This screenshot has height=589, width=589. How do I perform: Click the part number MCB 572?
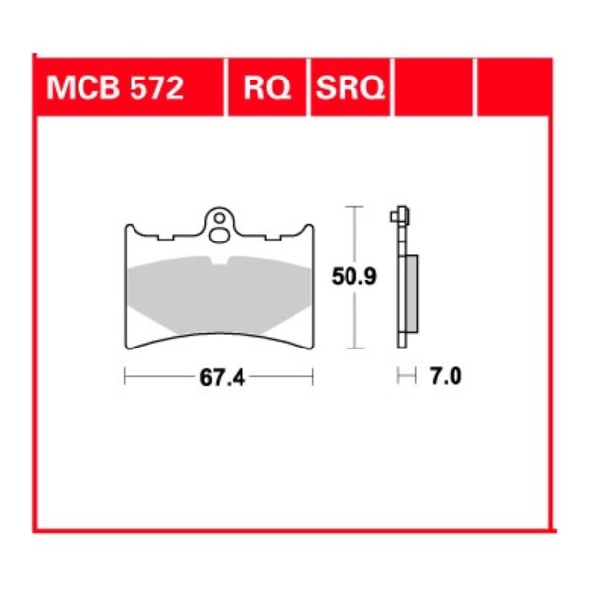[x=114, y=89]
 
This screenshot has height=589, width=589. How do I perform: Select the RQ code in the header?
[x=267, y=89]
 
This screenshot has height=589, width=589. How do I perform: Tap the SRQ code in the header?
[x=350, y=89]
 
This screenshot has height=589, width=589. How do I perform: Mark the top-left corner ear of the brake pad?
[x=131, y=229]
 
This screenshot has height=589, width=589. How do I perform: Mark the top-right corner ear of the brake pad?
[x=306, y=229]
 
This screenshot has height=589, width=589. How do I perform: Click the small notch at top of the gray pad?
[x=218, y=261]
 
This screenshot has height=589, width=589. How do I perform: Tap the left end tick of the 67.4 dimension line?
[x=126, y=376]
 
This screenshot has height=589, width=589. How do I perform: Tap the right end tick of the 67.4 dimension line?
[x=312, y=376]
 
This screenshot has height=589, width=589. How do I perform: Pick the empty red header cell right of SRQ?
[x=434, y=89]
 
